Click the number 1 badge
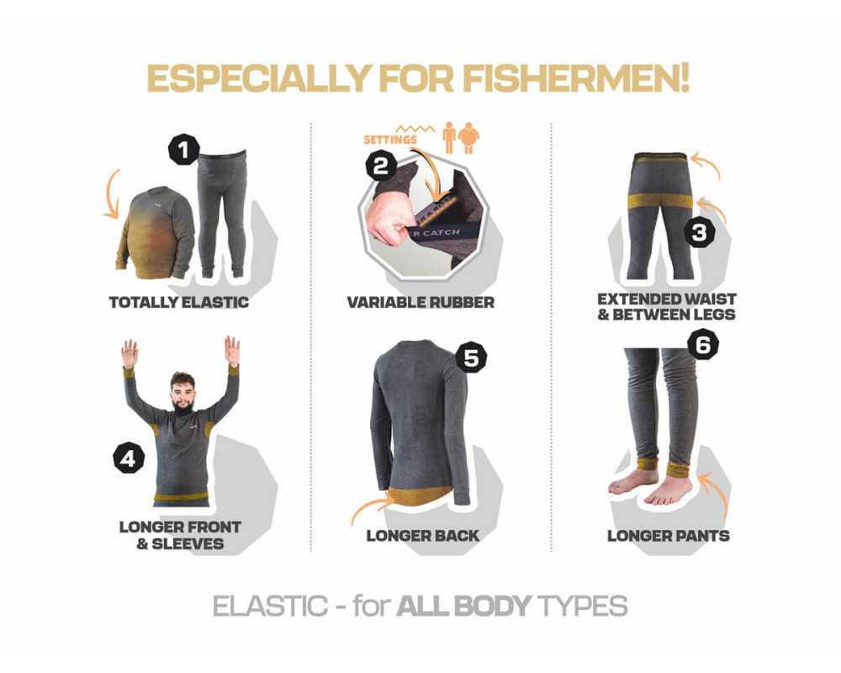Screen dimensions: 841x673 click(x=184, y=149)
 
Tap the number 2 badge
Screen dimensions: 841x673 click(x=381, y=165)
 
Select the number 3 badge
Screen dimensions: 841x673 click(x=700, y=232)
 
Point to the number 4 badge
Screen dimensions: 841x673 click(x=129, y=458)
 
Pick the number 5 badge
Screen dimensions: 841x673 click(x=471, y=358)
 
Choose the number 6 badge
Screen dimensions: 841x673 click(x=703, y=344)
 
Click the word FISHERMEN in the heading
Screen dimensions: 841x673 click(x=576, y=79)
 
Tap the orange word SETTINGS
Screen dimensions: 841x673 click(x=390, y=140)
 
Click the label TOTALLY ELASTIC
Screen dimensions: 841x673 click(x=179, y=303)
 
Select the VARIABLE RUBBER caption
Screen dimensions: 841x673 click(x=420, y=303)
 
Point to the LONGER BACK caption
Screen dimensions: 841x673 click(x=423, y=536)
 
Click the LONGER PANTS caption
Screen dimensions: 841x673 click(x=669, y=536)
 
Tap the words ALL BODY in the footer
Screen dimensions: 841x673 click(x=464, y=607)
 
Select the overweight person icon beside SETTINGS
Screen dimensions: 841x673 click(x=468, y=138)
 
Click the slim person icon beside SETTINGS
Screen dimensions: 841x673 click(x=449, y=138)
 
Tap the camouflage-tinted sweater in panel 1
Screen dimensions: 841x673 click(x=156, y=233)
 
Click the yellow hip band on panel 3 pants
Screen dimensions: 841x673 click(x=660, y=201)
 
